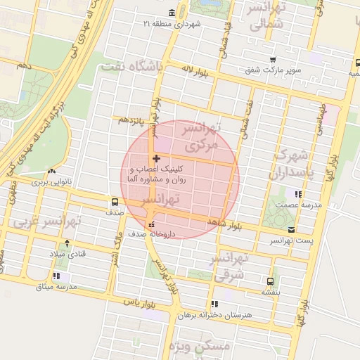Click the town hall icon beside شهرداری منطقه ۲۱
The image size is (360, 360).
[173, 13]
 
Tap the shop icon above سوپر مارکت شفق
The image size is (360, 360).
[273, 60]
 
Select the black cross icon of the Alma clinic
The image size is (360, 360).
[155, 158]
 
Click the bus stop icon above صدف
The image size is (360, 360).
[115, 200]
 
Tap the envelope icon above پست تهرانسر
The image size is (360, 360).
[291, 231]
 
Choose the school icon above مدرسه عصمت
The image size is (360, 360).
[298, 194]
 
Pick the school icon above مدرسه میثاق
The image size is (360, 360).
[56, 276]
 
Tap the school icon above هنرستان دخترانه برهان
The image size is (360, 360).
[214, 304]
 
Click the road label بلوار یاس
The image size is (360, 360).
[139, 302]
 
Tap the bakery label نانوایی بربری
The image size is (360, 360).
[52, 182]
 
